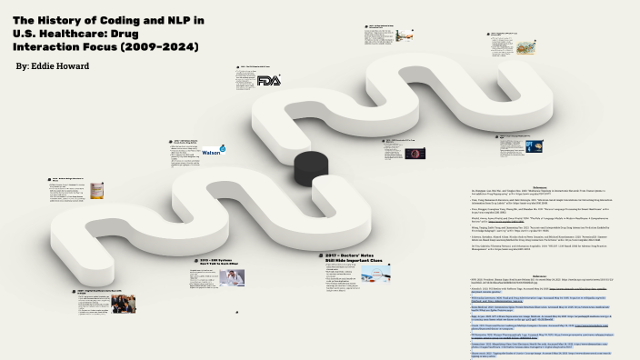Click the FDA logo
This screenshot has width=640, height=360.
coord(269,81)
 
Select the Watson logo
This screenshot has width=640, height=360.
coord(213,151)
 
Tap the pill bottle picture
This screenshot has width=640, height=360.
coord(96,191)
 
